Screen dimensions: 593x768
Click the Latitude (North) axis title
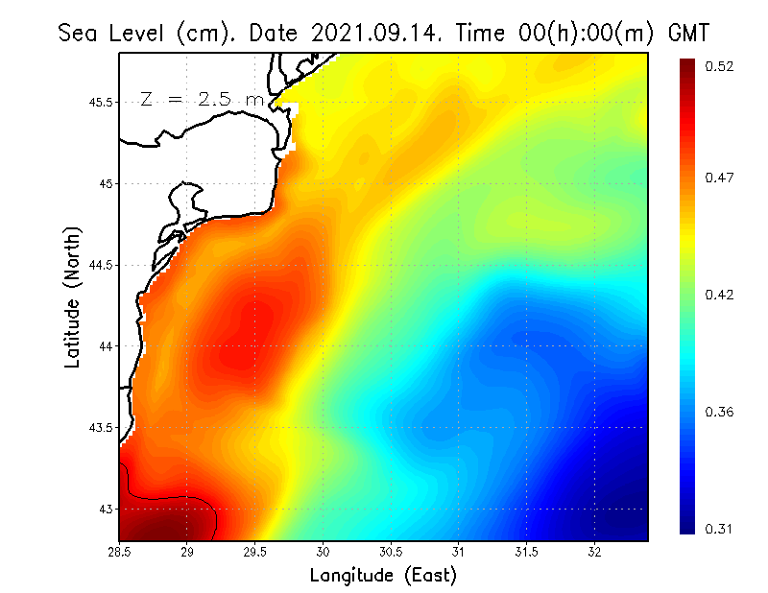point(72,296)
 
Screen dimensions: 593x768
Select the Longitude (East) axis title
point(383,576)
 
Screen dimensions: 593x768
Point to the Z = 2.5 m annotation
point(202,99)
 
